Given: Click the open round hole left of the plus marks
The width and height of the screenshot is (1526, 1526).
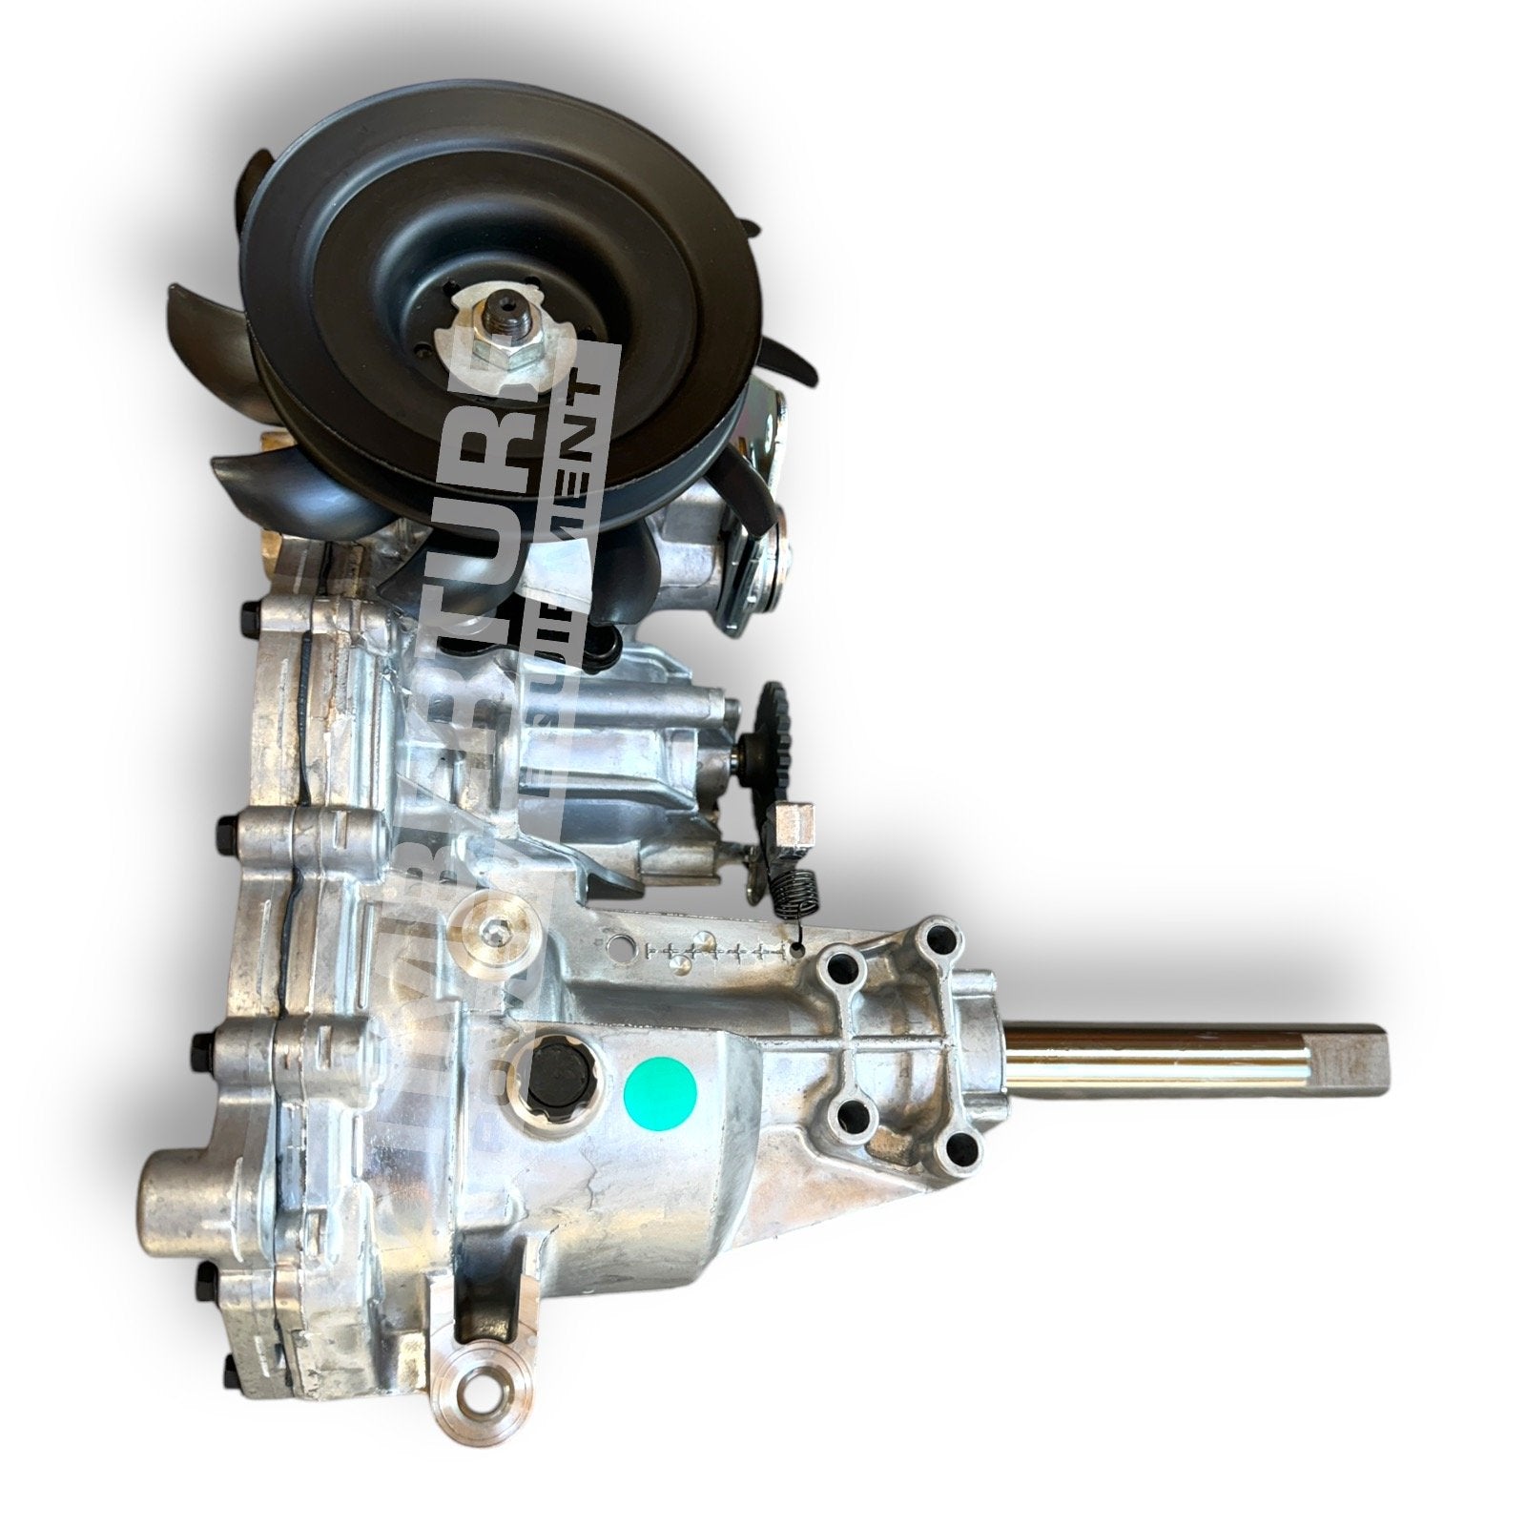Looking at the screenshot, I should point(624,947).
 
